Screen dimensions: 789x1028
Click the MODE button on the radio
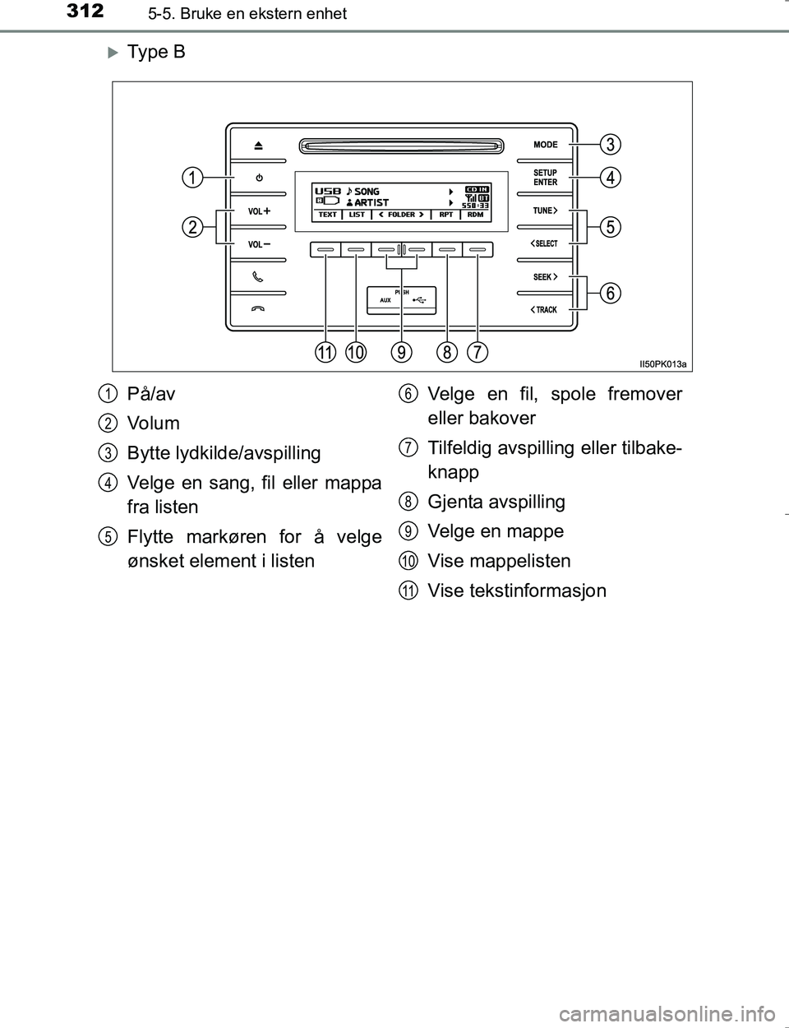pos(546,144)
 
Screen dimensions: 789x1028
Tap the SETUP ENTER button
pos(545,178)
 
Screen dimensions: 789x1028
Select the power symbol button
pos(259,178)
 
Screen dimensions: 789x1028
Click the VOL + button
pos(259,211)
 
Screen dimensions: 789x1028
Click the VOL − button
pos(259,244)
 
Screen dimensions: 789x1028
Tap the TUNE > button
pos(545,211)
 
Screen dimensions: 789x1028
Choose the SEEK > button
pos(545,277)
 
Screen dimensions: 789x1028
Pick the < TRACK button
pos(543,310)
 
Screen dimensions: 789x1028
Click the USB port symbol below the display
pos(419,300)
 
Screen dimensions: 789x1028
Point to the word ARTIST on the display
pos(371,202)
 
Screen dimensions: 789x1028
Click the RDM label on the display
pos(475,215)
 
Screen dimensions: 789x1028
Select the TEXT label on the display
pos(327,215)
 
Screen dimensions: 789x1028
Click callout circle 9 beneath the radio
pos(401,353)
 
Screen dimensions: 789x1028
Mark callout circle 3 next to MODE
pos(611,144)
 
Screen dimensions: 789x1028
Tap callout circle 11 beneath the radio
pos(325,353)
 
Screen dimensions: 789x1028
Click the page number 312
pos(85,12)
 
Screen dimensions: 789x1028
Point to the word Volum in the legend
pos(153,423)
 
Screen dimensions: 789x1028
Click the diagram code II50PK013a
pos(662,364)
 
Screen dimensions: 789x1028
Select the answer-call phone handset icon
pos(257,277)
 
